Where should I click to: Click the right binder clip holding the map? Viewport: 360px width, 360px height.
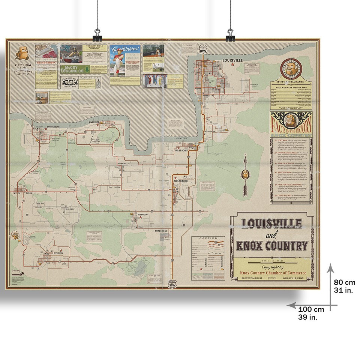point(230,36)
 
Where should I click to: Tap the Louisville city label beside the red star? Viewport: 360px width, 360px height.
point(232,60)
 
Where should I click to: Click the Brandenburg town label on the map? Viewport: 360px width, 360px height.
point(52,127)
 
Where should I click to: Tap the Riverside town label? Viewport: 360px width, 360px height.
point(94,122)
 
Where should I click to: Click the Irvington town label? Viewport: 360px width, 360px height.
point(55,253)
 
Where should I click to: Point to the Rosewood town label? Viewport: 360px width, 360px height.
point(142,214)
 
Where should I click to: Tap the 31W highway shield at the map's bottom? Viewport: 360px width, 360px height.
point(172,284)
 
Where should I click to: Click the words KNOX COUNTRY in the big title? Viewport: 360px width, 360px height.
point(272,246)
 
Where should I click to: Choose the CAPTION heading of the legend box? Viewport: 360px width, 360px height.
point(208,238)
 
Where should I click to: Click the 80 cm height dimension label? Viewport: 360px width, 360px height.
point(344,285)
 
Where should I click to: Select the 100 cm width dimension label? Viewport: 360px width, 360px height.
point(311,313)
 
